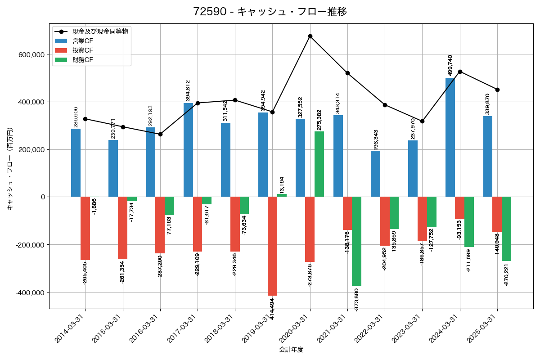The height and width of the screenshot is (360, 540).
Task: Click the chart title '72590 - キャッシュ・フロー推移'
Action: pos(270,12)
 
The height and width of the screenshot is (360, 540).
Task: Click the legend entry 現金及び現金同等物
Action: pos(100,31)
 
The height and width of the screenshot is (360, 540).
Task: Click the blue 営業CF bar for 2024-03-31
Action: pos(450,137)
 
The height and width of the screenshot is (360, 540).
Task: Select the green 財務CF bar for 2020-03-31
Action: pos(319,164)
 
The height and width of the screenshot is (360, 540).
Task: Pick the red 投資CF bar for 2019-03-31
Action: pos(272,246)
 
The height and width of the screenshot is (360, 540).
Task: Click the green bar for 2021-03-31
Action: pos(356,241)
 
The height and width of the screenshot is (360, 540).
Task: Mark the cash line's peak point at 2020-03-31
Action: pos(310,36)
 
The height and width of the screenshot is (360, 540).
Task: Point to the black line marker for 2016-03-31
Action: pos(160,134)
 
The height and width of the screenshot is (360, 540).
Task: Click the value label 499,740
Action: pos(450,66)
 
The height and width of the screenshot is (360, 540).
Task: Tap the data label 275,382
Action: pos(319,120)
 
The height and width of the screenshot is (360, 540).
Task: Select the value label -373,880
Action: pos(356,301)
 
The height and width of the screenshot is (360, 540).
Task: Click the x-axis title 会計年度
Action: pos(291,350)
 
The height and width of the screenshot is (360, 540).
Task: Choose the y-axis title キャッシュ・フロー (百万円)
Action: pos(10,169)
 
